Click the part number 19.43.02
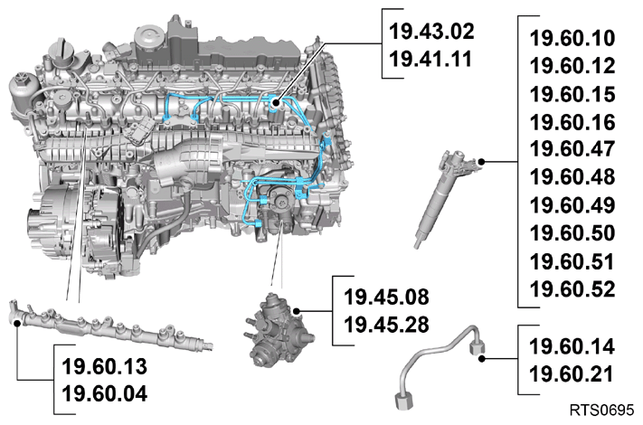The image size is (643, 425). pyautogui.click(x=431, y=32)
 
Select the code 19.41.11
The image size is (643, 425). pyautogui.click(x=430, y=59)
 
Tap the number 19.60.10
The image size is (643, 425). pyautogui.click(x=572, y=38)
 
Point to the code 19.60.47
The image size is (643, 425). pyautogui.click(x=572, y=149)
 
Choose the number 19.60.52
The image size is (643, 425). pyautogui.click(x=572, y=289)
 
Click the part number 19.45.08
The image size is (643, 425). pyautogui.click(x=386, y=297)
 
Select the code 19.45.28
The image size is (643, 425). pyautogui.click(x=386, y=325)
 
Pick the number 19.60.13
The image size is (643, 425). pyautogui.click(x=105, y=366)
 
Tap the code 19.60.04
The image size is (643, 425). pyautogui.click(x=105, y=394)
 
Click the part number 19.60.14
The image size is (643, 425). pyautogui.click(x=572, y=346)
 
